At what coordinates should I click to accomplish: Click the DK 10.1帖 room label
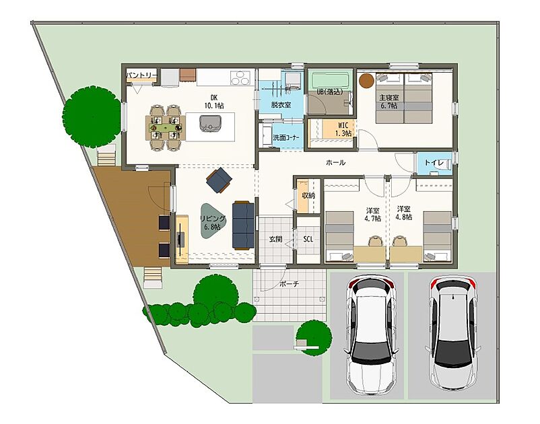[214, 102]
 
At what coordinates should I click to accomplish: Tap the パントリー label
[141, 75]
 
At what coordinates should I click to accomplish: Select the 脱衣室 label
[281, 104]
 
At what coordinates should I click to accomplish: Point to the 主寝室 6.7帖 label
[389, 102]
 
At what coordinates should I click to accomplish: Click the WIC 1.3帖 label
[343, 129]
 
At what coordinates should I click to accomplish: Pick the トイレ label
[434, 162]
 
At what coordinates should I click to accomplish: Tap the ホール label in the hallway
[335, 162]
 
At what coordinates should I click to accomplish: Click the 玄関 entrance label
[275, 239]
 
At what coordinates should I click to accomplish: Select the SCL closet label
[308, 239]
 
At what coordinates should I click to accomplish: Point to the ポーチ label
[290, 284]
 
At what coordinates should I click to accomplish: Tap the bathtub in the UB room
[330, 80]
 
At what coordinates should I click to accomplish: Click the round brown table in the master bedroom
[366, 81]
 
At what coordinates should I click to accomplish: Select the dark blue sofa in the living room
[243, 225]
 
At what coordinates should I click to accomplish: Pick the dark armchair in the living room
[219, 180]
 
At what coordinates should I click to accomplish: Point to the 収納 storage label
[308, 195]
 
